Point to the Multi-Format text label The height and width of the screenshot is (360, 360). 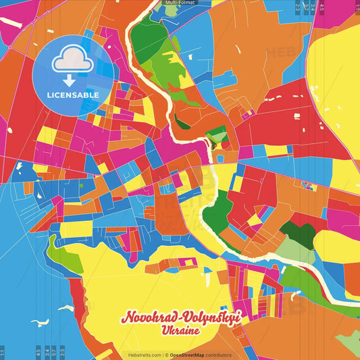tap(180, 3)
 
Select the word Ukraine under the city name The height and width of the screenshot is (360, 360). tap(180, 332)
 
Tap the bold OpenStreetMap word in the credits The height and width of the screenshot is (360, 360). tap(188, 355)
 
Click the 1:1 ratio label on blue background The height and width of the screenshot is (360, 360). tap(3, 351)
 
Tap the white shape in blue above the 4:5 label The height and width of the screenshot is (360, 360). tap(40, 322)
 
